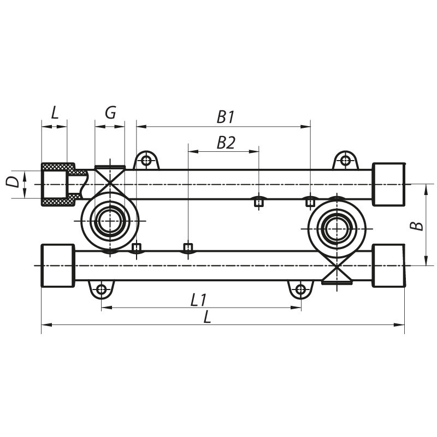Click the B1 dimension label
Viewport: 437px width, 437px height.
coord(225,116)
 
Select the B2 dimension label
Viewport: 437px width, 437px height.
coord(225,143)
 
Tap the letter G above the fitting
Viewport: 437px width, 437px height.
coord(110,113)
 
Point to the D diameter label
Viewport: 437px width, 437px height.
coord(12,181)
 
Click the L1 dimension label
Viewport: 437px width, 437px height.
coord(198,299)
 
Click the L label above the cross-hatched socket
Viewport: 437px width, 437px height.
coord(55,113)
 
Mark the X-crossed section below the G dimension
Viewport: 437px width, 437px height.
coord(110,178)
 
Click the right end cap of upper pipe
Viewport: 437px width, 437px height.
coord(388,185)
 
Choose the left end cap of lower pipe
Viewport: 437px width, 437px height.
coord(57,265)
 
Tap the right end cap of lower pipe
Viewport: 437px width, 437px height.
coord(388,265)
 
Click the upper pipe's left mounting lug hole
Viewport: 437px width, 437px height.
coord(146,161)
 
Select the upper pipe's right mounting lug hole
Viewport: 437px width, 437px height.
coord(345,161)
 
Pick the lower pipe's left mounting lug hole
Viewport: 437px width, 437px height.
coord(101,289)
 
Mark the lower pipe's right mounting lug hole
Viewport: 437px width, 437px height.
coord(300,289)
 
